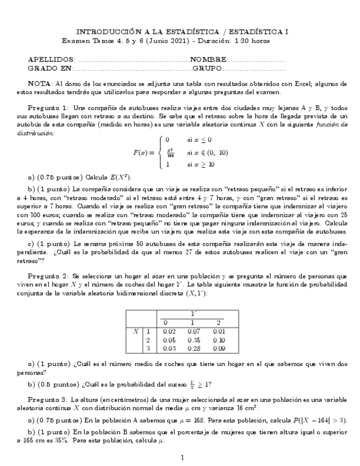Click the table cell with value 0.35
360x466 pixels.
point(193,341)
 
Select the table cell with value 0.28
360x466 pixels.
point(193,349)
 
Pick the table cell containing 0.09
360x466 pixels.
point(219,349)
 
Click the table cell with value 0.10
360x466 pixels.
point(219,341)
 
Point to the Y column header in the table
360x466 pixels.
point(192,314)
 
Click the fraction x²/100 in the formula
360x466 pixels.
point(170,152)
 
